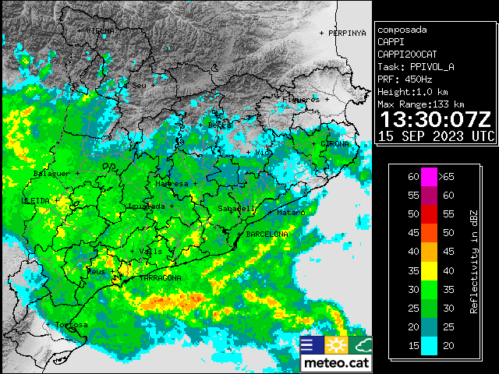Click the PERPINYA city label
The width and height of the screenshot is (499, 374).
click(x=346, y=34)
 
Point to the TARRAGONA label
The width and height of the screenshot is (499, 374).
click(x=160, y=277)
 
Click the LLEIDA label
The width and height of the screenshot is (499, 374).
click(x=35, y=200)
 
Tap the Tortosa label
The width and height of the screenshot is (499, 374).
click(x=71, y=324)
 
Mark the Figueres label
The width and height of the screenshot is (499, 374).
click(x=303, y=100)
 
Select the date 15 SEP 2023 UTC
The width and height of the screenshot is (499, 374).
click(x=435, y=136)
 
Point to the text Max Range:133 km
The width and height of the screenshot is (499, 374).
click(x=420, y=104)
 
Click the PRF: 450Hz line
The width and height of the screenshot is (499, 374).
click(x=405, y=79)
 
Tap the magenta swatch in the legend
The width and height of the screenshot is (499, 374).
click(x=429, y=176)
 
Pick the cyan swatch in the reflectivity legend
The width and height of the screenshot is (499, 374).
click(x=429, y=345)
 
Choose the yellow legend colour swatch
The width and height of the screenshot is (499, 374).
click(x=429, y=270)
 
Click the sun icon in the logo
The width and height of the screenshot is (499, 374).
click(x=337, y=345)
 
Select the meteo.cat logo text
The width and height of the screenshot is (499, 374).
click(x=337, y=363)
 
